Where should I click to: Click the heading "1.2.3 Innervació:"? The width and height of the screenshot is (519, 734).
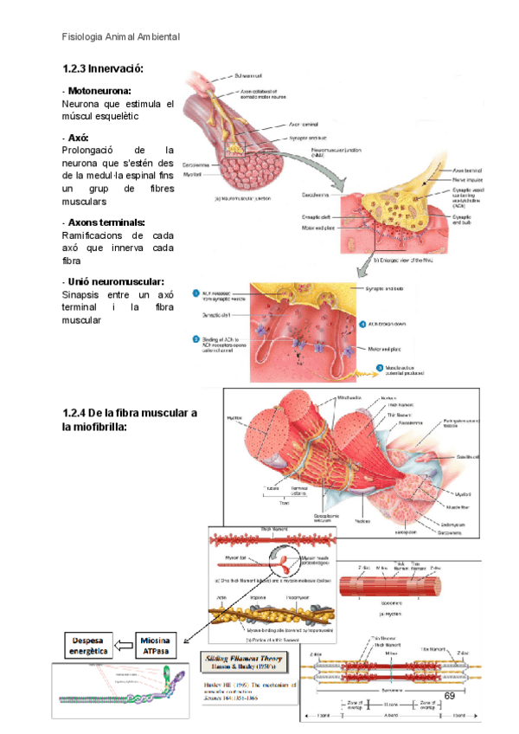point(103,68)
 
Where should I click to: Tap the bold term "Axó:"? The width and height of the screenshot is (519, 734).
point(78,138)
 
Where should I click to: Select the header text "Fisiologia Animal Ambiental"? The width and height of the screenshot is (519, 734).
point(121,37)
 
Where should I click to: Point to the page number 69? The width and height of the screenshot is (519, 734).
point(450,696)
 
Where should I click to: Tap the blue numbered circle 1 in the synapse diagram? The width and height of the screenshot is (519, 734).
point(196,293)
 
